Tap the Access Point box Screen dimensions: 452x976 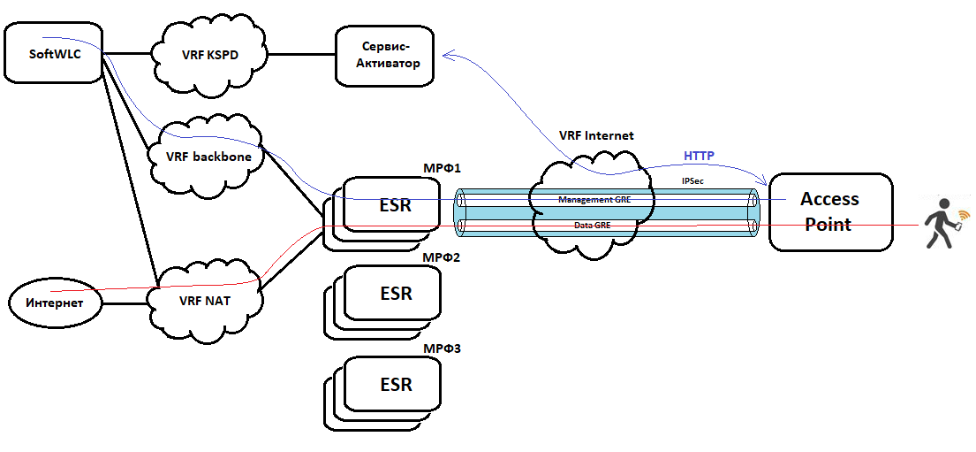829,212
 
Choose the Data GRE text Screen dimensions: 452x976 592,226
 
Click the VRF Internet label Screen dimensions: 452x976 596,136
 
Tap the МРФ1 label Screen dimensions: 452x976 443,167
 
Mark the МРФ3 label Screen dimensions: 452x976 443,348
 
